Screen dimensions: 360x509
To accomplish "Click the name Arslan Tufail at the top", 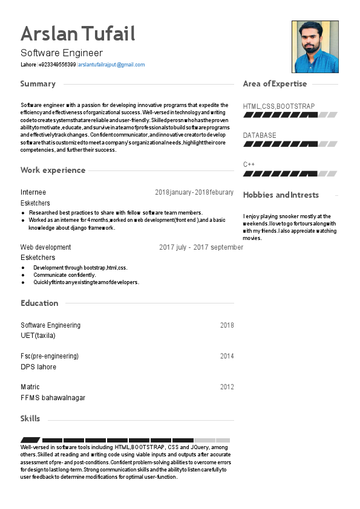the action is click(x=77, y=34).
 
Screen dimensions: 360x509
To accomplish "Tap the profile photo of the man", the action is click(x=315, y=47).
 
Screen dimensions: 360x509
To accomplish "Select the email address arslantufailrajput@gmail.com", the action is click(x=111, y=65).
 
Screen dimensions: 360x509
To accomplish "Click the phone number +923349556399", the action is click(x=57, y=65).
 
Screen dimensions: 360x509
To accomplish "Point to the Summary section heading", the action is click(x=38, y=84).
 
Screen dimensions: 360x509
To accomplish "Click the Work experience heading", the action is click(x=53, y=170).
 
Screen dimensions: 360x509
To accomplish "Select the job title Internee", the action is click(x=33, y=192).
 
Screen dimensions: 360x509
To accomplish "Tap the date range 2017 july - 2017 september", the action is click(x=201, y=247).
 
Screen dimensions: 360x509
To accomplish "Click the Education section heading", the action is click(x=39, y=303).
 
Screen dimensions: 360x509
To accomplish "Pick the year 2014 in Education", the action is click(x=227, y=356).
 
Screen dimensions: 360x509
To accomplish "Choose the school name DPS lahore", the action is click(x=38, y=367).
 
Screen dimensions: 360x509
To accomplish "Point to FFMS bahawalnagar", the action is click(x=53, y=398).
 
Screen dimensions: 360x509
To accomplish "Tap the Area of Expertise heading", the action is click(x=275, y=84).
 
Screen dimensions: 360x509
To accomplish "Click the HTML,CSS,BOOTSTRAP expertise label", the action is click(x=279, y=106).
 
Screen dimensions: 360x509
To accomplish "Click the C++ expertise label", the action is click(x=249, y=164).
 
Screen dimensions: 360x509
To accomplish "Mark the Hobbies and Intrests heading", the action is click(x=281, y=195).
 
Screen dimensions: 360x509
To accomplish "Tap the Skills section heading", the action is click(x=30, y=418).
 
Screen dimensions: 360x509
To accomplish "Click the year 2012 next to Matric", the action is click(x=227, y=387).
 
